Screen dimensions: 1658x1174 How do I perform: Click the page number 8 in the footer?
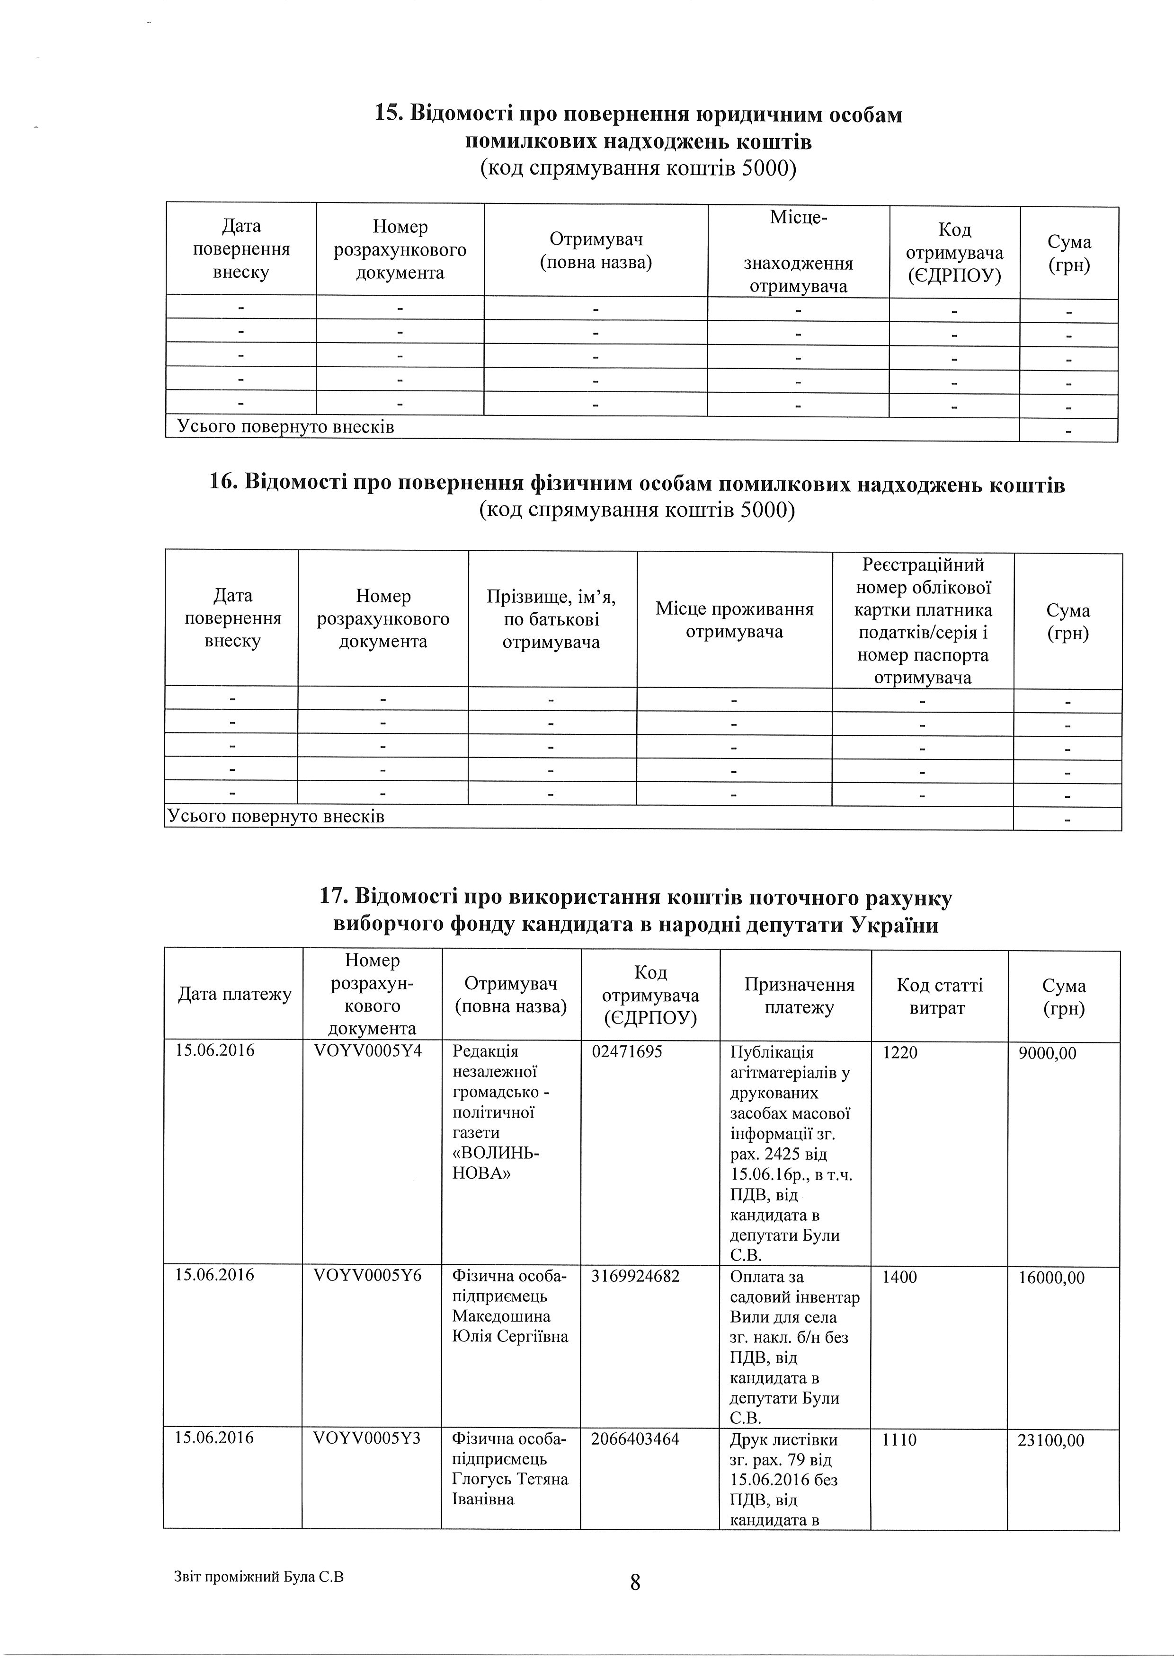[635, 1583]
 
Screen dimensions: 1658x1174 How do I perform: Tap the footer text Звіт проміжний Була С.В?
[258, 1577]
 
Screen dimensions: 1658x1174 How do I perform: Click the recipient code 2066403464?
[635, 1438]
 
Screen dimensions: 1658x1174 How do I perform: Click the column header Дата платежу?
[234, 995]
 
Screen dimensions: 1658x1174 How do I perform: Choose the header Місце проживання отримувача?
[735, 620]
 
